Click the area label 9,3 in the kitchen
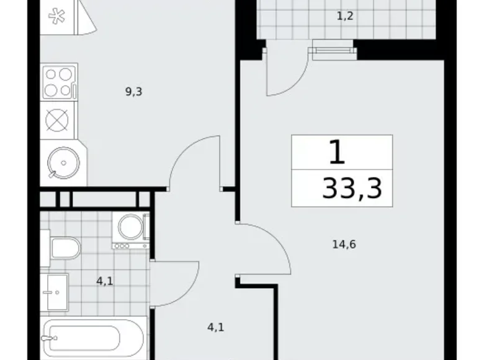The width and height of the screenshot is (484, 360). (x=134, y=92)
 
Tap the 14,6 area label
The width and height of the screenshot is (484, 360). (x=344, y=244)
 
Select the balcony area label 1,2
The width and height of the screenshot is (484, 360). (x=345, y=16)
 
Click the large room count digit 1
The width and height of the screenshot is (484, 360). (x=336, y=152)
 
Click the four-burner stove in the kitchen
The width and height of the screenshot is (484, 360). (x=58, y=82)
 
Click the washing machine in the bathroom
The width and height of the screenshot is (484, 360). (x=131, y=228)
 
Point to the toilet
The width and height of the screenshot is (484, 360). (x=63, y=249)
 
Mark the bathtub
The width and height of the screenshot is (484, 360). (x=93, y=338)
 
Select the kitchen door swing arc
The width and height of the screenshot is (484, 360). (x=195, y=161)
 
